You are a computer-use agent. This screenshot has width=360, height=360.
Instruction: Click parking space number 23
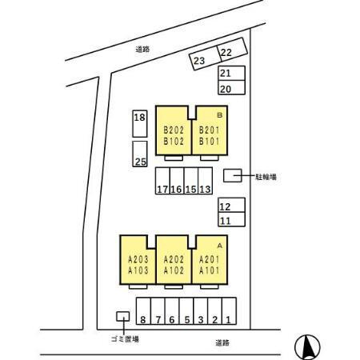204,58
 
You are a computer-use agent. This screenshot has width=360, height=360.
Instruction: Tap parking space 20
231,88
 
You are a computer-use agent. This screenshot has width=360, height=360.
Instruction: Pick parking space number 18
140,123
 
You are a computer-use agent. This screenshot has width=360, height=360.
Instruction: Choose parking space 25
140,154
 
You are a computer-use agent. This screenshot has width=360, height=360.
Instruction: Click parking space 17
162,181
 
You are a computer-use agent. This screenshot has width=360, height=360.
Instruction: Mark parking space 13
206,181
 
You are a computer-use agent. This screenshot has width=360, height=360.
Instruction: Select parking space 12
231,205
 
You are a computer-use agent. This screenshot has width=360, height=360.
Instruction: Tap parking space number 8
143,311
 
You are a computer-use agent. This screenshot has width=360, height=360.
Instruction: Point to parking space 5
186,311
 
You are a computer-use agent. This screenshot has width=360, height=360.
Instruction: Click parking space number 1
229,311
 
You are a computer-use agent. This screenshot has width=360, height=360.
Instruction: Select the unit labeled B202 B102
174,130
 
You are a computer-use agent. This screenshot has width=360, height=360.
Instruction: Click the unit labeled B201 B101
210,130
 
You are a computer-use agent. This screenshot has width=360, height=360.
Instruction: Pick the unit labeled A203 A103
138,260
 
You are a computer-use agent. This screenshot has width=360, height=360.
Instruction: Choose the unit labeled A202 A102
174,260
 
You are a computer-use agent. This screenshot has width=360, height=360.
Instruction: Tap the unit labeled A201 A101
210,260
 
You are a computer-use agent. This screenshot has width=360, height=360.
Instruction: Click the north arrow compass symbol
307,347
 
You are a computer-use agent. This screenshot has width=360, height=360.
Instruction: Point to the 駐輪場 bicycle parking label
266,177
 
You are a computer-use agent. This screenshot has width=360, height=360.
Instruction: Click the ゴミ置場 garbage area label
125,339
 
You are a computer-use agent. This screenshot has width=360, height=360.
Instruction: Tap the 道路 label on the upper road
142,50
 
